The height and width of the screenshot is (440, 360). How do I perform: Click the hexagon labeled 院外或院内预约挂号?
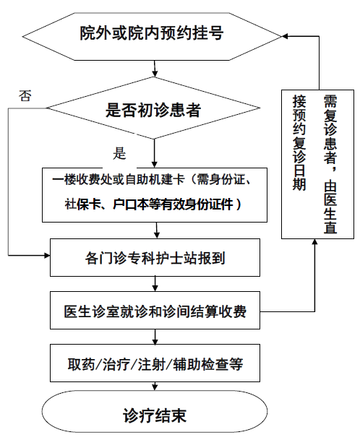155,33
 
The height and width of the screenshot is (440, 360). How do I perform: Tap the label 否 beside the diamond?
25,95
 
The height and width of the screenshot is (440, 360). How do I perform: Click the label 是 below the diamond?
119,153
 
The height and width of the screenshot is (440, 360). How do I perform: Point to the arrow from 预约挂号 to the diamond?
155,69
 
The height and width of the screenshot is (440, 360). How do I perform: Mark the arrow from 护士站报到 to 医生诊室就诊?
155,283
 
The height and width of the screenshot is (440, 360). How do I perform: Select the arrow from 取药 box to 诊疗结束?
155,390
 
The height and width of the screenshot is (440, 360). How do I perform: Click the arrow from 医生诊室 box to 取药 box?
155,338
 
